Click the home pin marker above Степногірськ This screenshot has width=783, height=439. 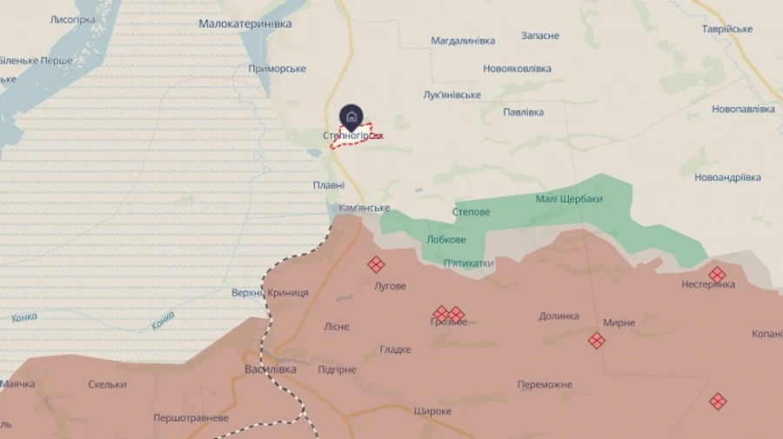pos(351,116)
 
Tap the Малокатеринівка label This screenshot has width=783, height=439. pos(244,23)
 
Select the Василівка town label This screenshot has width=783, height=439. pos(270,369)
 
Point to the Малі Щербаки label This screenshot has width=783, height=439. pos(569,199)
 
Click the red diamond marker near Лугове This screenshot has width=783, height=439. pos(376,265)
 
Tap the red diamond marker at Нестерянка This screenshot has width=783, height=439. pos(717,275)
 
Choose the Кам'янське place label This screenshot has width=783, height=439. pos(364,209)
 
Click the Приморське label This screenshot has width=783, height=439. pos(277,69)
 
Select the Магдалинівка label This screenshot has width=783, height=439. pos(463,41)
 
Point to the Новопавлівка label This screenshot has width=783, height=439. pos(743,109)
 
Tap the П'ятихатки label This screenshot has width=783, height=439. pos(468,263)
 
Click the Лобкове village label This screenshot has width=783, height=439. pos(446,239)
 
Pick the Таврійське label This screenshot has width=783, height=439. pos(727,29)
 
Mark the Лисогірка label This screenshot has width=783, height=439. pos(73,19)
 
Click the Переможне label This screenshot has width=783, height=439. pos(545,384)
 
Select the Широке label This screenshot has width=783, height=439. pos(432,411)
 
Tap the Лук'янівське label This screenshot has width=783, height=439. pos(452,95)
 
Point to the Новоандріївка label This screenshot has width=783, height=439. pos(727,177)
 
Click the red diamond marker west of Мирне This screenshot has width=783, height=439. pos(596,340)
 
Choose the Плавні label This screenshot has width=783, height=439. pos(329,185)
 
